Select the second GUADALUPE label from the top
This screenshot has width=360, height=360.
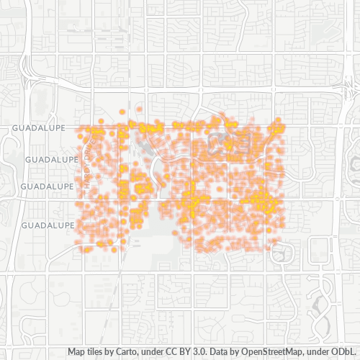coord(50,158)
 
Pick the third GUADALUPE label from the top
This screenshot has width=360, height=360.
coord(48,186)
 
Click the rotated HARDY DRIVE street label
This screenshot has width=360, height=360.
coord(89,163)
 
